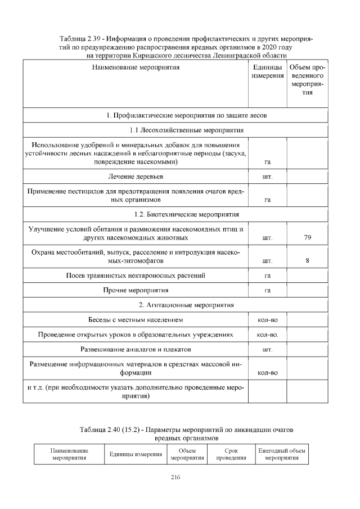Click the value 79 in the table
click(307, 238)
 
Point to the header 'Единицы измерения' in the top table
click(268, 72)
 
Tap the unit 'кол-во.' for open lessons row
click(268, 335)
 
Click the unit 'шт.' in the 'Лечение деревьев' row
click(268, 178)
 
